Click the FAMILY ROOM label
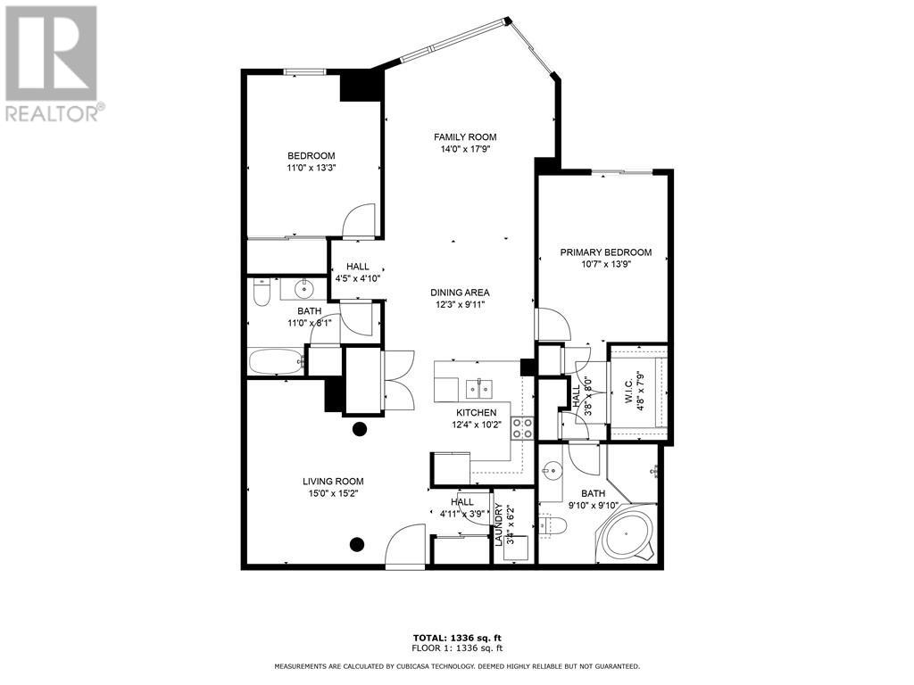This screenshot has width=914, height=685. pos(464,136)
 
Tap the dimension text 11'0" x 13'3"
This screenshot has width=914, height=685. pos(311,168)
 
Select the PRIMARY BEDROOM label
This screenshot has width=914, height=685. pos(605,252)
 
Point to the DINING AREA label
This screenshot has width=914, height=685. pos(460,293)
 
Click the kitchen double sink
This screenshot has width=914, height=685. pos(479,388)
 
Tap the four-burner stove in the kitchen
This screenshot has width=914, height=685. pos(522,429)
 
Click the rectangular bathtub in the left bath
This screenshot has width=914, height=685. pos(276,363)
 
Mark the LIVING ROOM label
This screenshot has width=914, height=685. pos(332,482)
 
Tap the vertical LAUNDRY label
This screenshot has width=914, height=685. pos(500,524)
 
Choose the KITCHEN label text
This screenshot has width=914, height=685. pos(477,413)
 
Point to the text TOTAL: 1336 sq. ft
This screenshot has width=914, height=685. pos(456,638)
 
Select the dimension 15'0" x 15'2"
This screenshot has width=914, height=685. pos(332,493)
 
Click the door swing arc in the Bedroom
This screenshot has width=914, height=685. pos(361,220)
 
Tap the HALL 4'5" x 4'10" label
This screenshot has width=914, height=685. pos(357,272)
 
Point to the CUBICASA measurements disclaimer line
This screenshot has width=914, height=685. pos(456,666)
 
